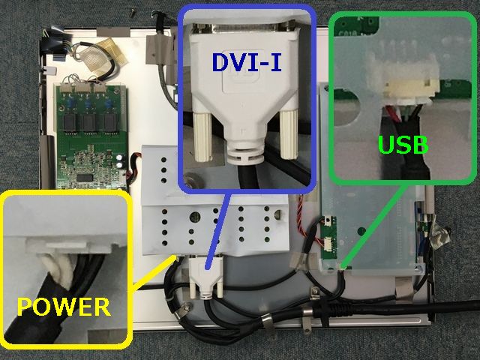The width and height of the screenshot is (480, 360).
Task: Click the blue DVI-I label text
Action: click(x=247, y=63)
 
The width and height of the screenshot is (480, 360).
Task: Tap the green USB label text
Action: click(x=403, y=145)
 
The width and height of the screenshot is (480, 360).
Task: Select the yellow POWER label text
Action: click(x=63, y=307)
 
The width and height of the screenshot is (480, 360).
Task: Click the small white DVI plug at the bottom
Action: click(x=206, y=277)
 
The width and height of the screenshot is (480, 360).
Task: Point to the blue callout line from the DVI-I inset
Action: click(x=218, y=231)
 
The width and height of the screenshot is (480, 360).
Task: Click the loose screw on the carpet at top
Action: click(x=133, y=13)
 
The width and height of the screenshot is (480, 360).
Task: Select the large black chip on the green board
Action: click(x=85, y=177)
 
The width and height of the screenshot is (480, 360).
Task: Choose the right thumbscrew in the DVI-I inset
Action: click(x=289, y=135)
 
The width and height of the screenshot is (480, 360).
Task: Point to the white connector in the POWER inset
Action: click(x=69, y=246)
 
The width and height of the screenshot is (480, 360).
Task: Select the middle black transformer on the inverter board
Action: click(x=88, y=123)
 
